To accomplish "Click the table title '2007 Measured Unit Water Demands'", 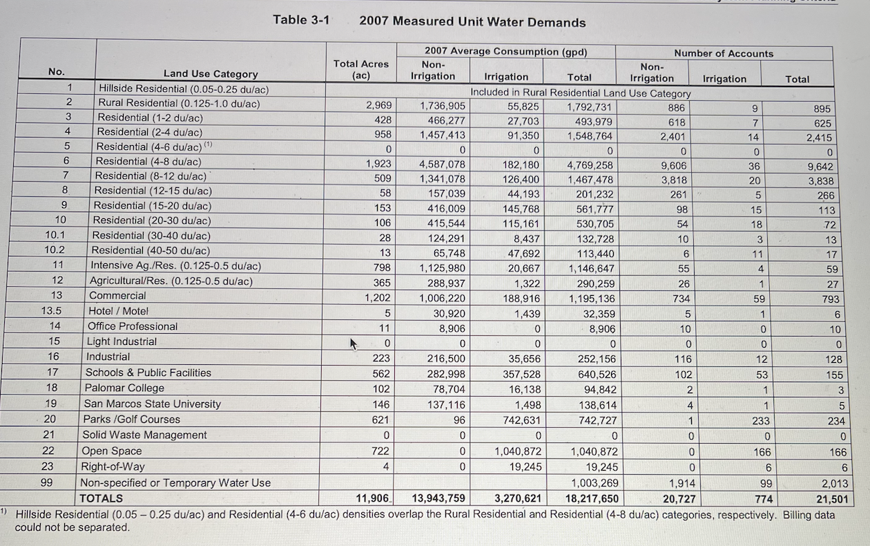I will [472, 21].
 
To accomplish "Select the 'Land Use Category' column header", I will [211, 74].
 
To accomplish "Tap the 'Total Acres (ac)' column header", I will [361, 69].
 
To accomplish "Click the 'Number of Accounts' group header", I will [724, 53].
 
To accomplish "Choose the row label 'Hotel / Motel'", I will [118, 311].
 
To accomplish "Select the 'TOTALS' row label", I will [101, 498].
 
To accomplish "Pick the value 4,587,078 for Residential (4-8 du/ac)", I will [442, 165].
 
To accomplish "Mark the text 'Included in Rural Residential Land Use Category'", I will [580, 93].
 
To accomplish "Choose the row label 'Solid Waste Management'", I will [144, 435].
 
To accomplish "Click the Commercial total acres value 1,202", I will [378, 298].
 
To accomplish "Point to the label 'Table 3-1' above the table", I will [300, 19].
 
